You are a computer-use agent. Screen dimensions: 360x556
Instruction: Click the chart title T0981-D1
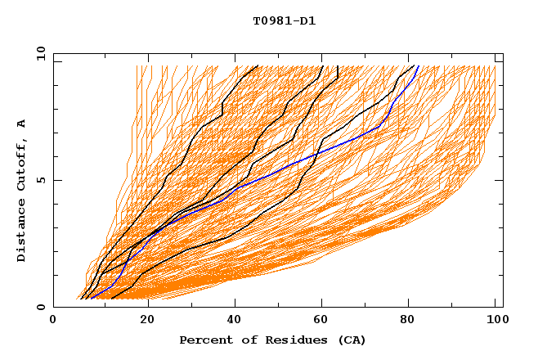284,21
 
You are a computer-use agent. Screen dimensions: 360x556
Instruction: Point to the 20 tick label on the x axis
147,322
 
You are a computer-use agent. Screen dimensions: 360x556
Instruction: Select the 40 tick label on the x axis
235,322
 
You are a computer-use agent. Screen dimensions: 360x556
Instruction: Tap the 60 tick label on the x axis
324,322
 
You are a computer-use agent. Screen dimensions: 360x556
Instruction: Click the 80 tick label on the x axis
412,322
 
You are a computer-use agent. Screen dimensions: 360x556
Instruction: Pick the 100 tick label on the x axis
496,322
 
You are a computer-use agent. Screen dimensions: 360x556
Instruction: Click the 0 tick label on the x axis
54,322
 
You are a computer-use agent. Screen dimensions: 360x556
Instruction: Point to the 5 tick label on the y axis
41,180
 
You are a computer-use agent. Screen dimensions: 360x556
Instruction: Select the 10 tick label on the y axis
39,53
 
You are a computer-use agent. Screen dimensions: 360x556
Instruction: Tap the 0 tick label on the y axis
41,307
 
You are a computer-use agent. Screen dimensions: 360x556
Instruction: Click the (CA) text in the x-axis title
352,340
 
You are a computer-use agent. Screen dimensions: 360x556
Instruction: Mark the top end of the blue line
418,65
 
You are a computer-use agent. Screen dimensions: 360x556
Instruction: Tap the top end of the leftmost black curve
258,65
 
